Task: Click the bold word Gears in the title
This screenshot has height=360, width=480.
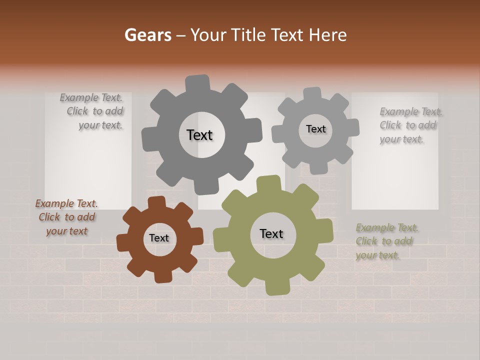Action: (148, 35)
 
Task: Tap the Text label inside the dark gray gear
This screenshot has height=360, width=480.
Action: (199, 135)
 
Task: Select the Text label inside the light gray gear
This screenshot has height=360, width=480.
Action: (315, 129)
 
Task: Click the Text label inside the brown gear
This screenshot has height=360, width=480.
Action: (159, 238)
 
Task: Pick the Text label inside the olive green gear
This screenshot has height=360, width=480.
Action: (271, 233)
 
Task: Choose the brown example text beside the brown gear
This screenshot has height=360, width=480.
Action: (67, 217)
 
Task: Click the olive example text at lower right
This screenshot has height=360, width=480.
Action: (386, 241)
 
